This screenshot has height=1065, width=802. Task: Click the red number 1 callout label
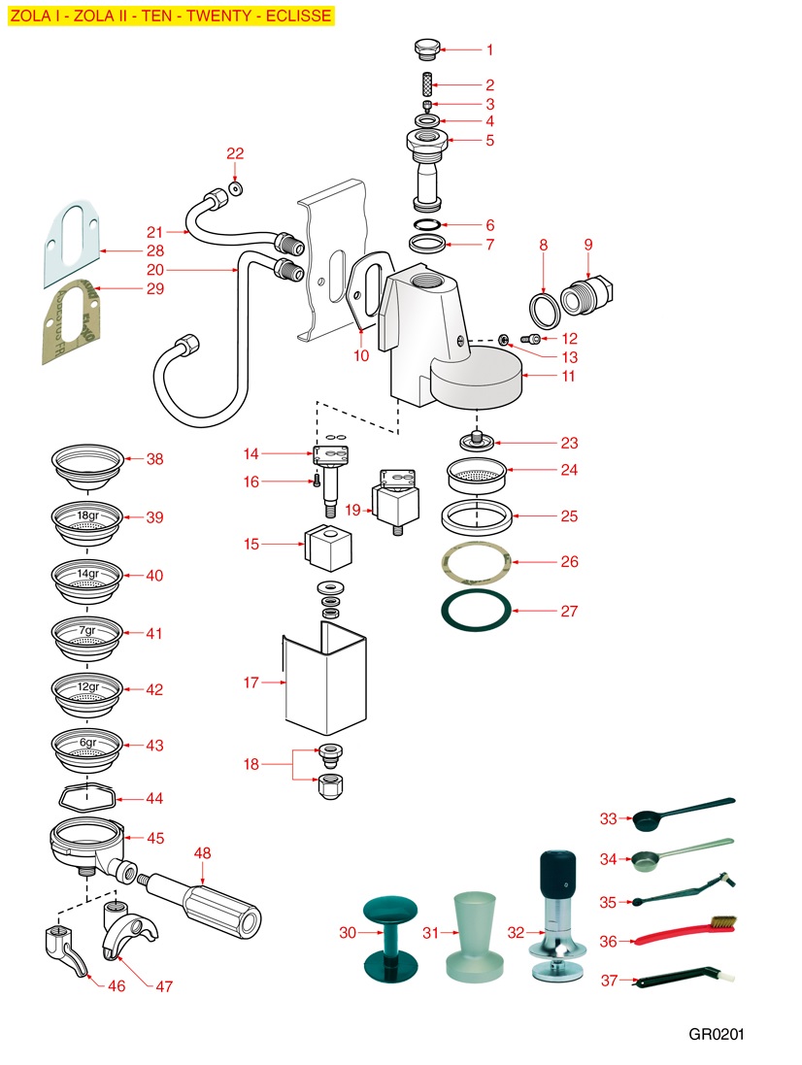pos(489,49)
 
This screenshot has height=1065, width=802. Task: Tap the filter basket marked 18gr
pos(87,519)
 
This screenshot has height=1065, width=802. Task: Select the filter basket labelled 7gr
pos(87,634)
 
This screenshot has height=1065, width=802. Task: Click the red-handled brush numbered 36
pos(680,938)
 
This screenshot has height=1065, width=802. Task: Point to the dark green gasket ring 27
pos(476,611)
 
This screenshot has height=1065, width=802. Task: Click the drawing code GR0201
pos(717,1034)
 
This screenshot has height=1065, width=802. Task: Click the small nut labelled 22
pos(236,186)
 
